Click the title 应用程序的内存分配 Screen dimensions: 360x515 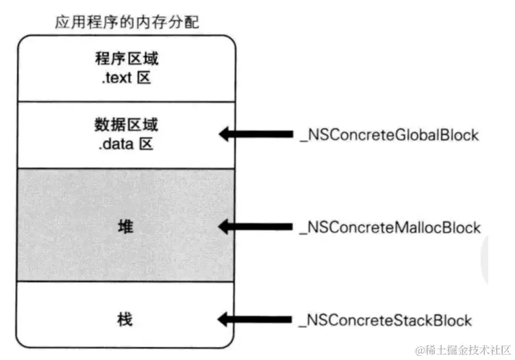(x=126, y=22)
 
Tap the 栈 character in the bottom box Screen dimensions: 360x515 (x=125, y=320)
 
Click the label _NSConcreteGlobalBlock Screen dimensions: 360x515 (x=389, y=134)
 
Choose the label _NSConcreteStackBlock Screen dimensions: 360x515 (x=386, y=320)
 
